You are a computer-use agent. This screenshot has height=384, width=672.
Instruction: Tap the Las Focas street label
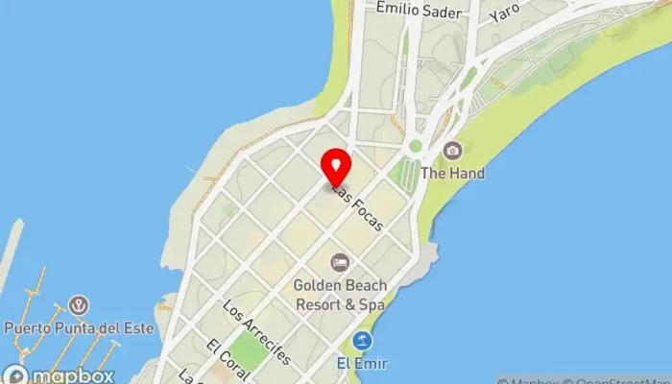[x=357, y=207]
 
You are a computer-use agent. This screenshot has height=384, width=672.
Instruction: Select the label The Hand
[x=452, y=174]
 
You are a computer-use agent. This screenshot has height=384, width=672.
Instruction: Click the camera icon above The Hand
[x=452, y=151]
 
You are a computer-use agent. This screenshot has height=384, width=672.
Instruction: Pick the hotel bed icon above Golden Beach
[x=340, y=262]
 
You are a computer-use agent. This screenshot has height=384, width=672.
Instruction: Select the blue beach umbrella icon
[x=362, y=340]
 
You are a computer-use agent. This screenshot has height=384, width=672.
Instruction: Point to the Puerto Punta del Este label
[x=79, y=327]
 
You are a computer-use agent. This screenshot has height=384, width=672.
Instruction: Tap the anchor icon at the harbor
[x=79, y=306]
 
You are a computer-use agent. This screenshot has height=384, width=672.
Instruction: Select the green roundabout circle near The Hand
[x=415, y=147]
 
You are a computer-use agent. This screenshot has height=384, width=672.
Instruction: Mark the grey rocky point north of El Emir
[x=423, y=259]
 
